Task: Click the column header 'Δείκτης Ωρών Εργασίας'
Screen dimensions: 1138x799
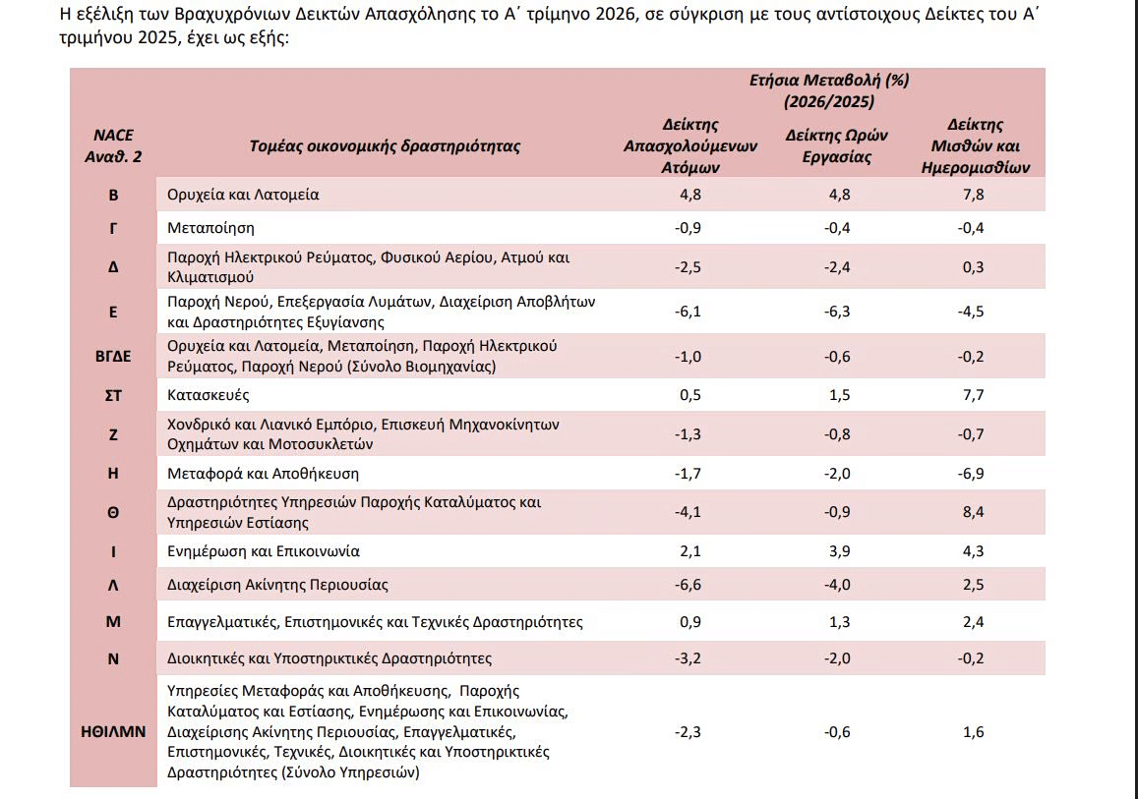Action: [x=837, y=145]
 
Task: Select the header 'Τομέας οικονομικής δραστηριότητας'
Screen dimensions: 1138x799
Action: [x=385, y=145]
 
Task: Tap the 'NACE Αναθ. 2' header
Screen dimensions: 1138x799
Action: [x=113, y=145]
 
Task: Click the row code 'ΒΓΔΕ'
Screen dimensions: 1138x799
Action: [x=113, y=356]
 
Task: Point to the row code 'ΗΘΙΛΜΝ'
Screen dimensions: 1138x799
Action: [x=113, y=731]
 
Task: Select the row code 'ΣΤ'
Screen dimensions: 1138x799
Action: [x=113, y=395]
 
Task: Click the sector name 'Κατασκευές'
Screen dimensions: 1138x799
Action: [x=209, y=395]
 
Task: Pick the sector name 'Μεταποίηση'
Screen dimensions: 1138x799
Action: [x=210, y=228]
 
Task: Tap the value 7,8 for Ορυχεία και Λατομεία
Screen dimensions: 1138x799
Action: [x=974, y=195]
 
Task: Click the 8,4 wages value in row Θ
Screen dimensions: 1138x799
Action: [x=974, y=512]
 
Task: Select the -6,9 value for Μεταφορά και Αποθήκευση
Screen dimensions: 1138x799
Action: [x=971, y=474]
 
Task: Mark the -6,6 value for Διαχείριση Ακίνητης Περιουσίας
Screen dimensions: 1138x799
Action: [x=689, y=585]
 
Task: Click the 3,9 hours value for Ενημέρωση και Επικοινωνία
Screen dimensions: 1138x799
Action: [x=840, y=551]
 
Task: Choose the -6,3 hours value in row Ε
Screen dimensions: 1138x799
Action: [x=838, y=311]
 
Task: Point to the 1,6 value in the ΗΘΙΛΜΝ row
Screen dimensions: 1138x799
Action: [x=974, y=731]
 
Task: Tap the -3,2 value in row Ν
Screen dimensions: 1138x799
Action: [x=689, y=658]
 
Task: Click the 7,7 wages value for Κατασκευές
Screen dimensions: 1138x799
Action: [x=974, y=395]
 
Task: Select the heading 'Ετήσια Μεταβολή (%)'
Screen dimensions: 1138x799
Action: [x=829, y=80]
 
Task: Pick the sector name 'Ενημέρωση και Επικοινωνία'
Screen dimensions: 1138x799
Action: [x=264, y=551]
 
